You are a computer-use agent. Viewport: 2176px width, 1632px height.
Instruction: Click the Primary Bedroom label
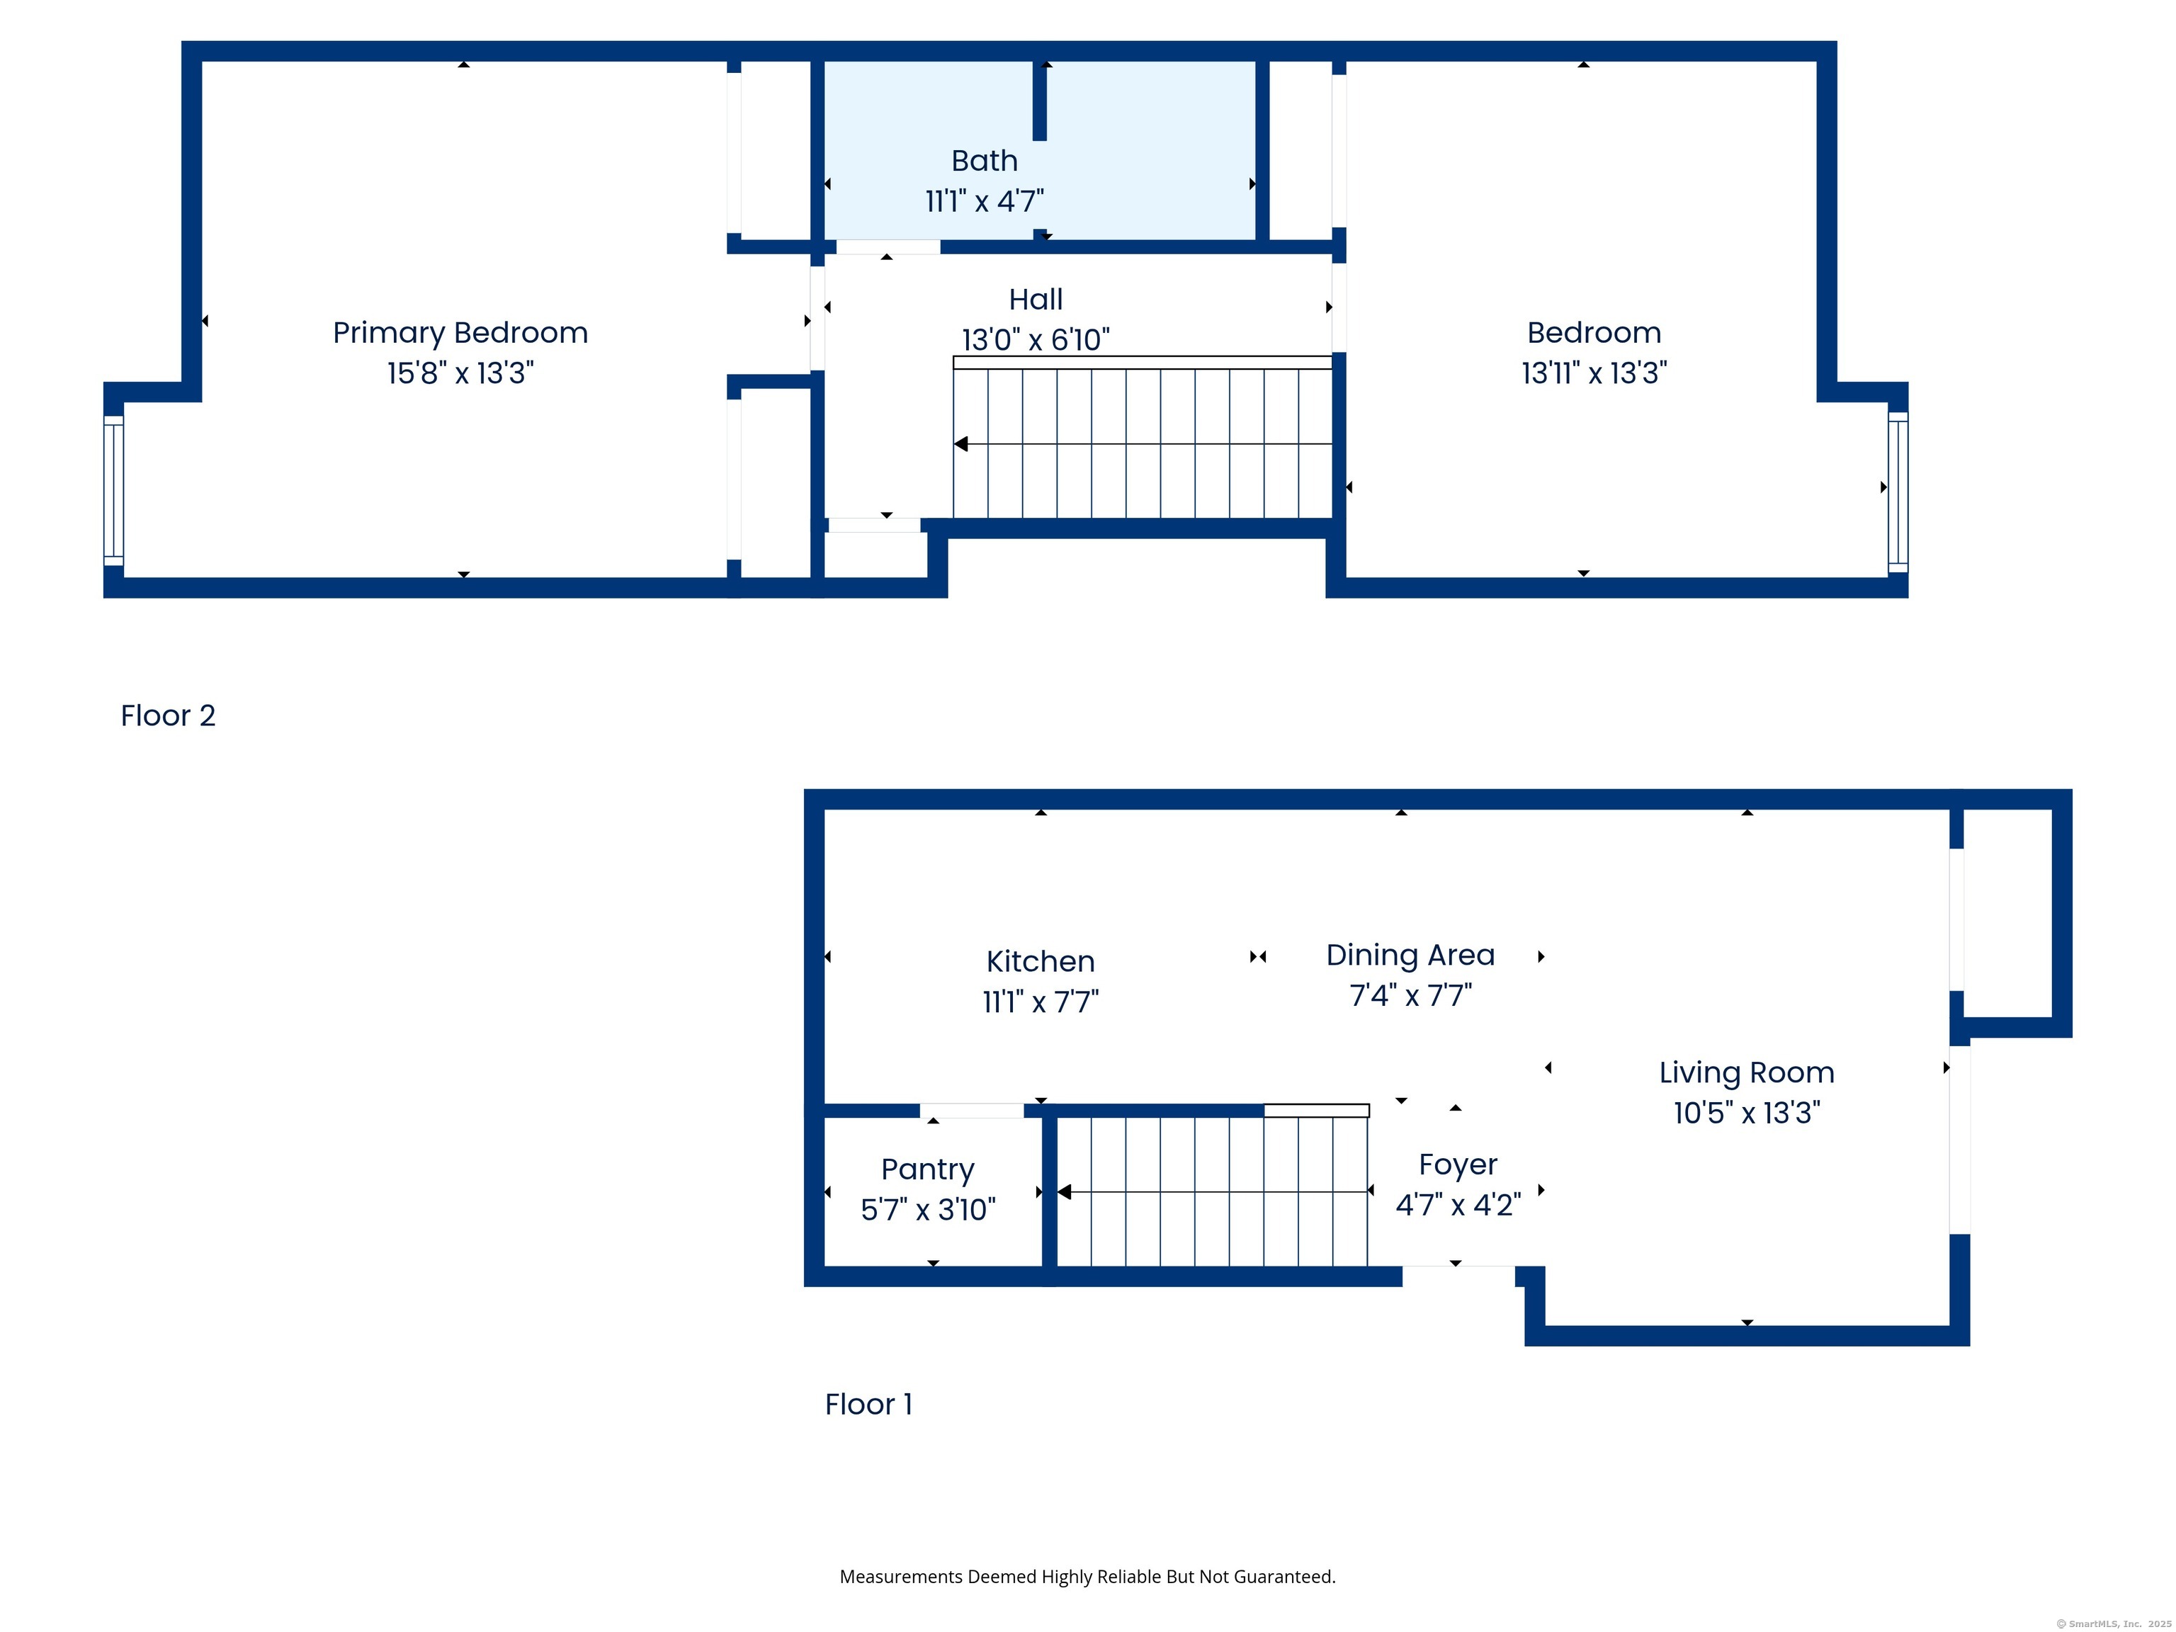click(460, 332)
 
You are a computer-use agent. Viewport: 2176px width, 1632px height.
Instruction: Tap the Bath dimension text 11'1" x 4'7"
click(985, 202)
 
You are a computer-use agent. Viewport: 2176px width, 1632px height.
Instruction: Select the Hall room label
click(1036, 299)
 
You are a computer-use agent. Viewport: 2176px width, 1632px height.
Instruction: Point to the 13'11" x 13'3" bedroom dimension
click(1594, 373)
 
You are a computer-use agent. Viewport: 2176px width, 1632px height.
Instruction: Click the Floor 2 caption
click(168, 715)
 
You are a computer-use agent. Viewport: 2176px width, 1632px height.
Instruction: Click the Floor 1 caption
click(868, 1404)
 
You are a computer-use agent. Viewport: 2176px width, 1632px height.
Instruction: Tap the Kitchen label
click(1041, 961)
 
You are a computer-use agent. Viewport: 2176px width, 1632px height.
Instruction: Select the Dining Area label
click(1411, 956)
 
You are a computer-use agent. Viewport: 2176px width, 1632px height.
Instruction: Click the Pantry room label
click(928, 1169)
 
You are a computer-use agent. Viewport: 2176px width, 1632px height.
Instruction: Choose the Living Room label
click(1747, 1072)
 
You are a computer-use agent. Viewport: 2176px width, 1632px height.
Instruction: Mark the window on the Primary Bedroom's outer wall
click(114, 491)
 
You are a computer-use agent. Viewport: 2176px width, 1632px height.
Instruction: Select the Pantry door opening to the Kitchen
click(972, 1111)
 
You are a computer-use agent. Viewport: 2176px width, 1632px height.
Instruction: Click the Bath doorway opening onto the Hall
click(888, 247)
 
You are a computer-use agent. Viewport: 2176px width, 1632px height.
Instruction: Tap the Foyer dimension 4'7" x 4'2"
click(1458, 1205)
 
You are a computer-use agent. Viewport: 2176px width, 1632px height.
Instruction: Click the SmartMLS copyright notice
click(2113, 1624)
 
